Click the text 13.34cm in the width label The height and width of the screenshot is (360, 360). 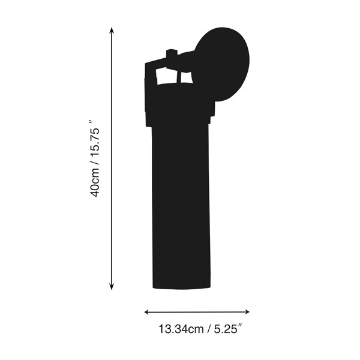[x=181, y=329]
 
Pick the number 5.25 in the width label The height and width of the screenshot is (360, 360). [x=226, y=329]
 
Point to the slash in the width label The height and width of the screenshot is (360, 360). [x=209, y=329]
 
